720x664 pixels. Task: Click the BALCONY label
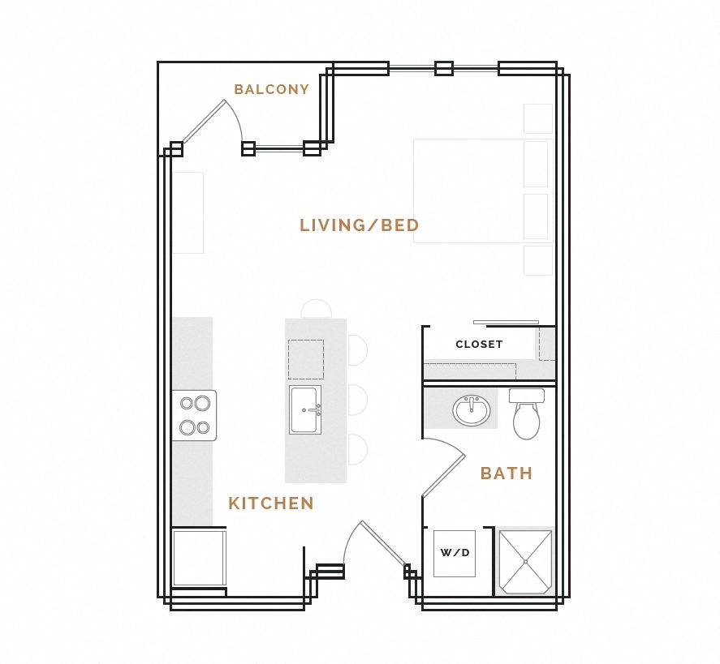271,90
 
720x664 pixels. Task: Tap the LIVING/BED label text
359,225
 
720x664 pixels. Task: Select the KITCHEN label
270,503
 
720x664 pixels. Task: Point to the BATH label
507,473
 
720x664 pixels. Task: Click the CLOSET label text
479,345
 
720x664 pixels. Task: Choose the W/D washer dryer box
454,553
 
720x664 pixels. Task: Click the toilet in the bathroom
526,415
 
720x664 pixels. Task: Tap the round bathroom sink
472,411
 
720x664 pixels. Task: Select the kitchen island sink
304,410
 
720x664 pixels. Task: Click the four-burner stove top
194,415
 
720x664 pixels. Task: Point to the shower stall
525,561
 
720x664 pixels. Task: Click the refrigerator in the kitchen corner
198,557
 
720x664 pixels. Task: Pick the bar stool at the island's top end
316,308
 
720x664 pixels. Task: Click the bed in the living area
482,191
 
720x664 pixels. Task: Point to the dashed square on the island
305,359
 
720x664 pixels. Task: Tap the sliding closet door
506,322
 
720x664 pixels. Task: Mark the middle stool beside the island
357,400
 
